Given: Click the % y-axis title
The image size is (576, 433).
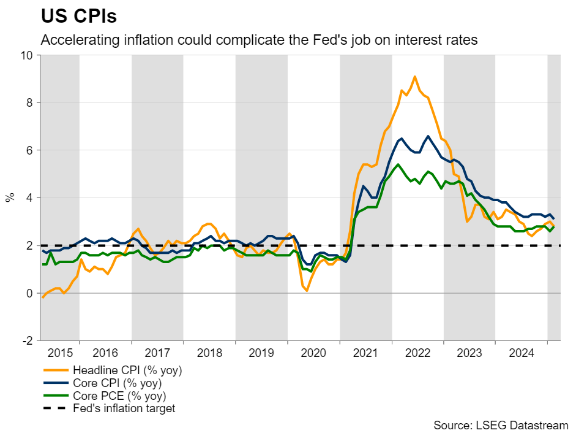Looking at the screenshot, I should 10,197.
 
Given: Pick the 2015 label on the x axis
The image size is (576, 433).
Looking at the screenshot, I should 60,353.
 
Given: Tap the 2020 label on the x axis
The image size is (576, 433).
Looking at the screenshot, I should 313,353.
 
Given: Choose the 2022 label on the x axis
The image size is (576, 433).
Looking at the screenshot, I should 417,353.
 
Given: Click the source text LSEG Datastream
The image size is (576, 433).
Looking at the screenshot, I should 501,424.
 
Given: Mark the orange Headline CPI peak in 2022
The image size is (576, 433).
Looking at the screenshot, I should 415,77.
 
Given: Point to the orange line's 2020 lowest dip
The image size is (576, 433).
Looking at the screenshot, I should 307,290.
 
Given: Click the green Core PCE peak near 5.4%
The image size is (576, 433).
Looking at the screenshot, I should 398,164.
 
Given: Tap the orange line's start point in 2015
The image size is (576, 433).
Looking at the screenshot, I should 43,297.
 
